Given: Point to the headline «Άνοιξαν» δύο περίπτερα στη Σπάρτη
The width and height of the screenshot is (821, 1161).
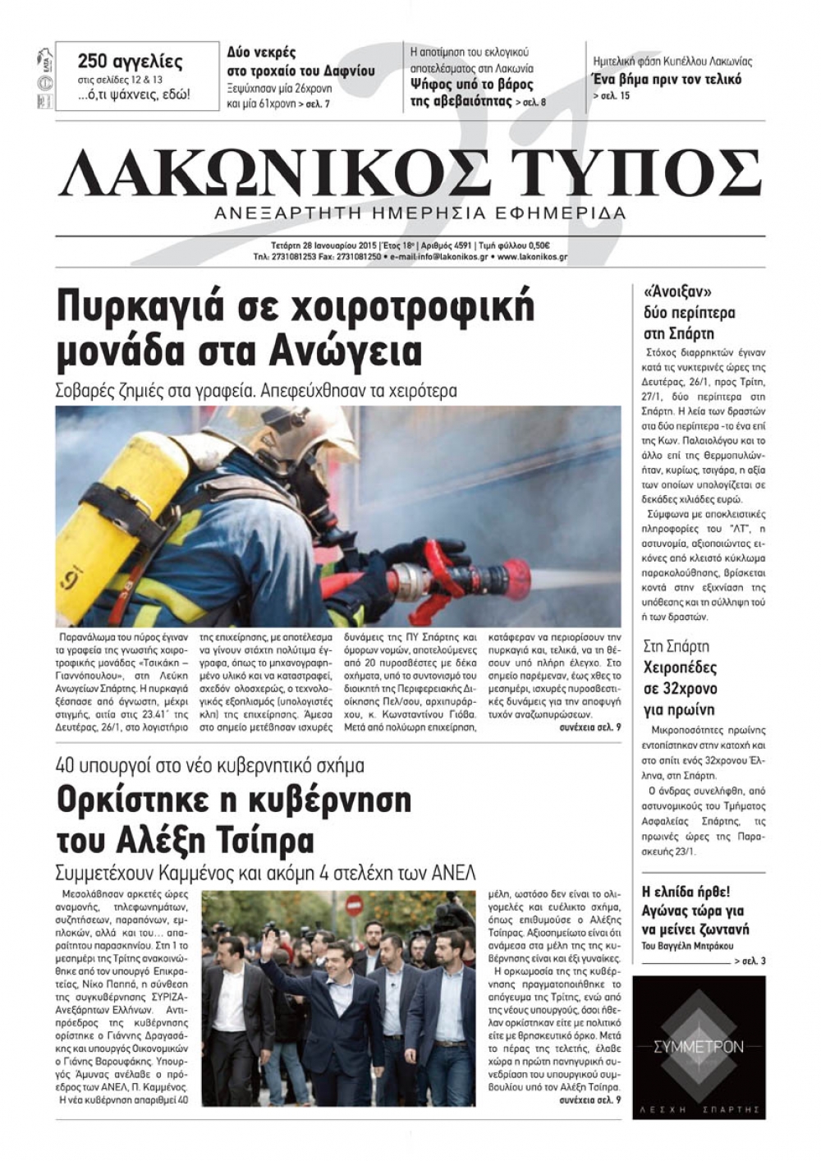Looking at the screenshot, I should click(x=678, y=312).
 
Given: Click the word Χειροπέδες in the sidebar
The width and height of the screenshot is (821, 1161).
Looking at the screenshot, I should click(x=680, y=667).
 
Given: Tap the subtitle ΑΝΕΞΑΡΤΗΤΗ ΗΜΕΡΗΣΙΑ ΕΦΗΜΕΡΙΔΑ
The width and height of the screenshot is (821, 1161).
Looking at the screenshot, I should click(x=419, y=213).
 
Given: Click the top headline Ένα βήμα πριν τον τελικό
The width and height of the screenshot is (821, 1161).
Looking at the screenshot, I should click(x=666, y=80).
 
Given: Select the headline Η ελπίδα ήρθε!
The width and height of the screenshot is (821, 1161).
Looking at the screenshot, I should click(x=686, y=891).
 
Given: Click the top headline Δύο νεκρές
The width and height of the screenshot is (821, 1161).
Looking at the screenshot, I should click(x=261, y=53).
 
